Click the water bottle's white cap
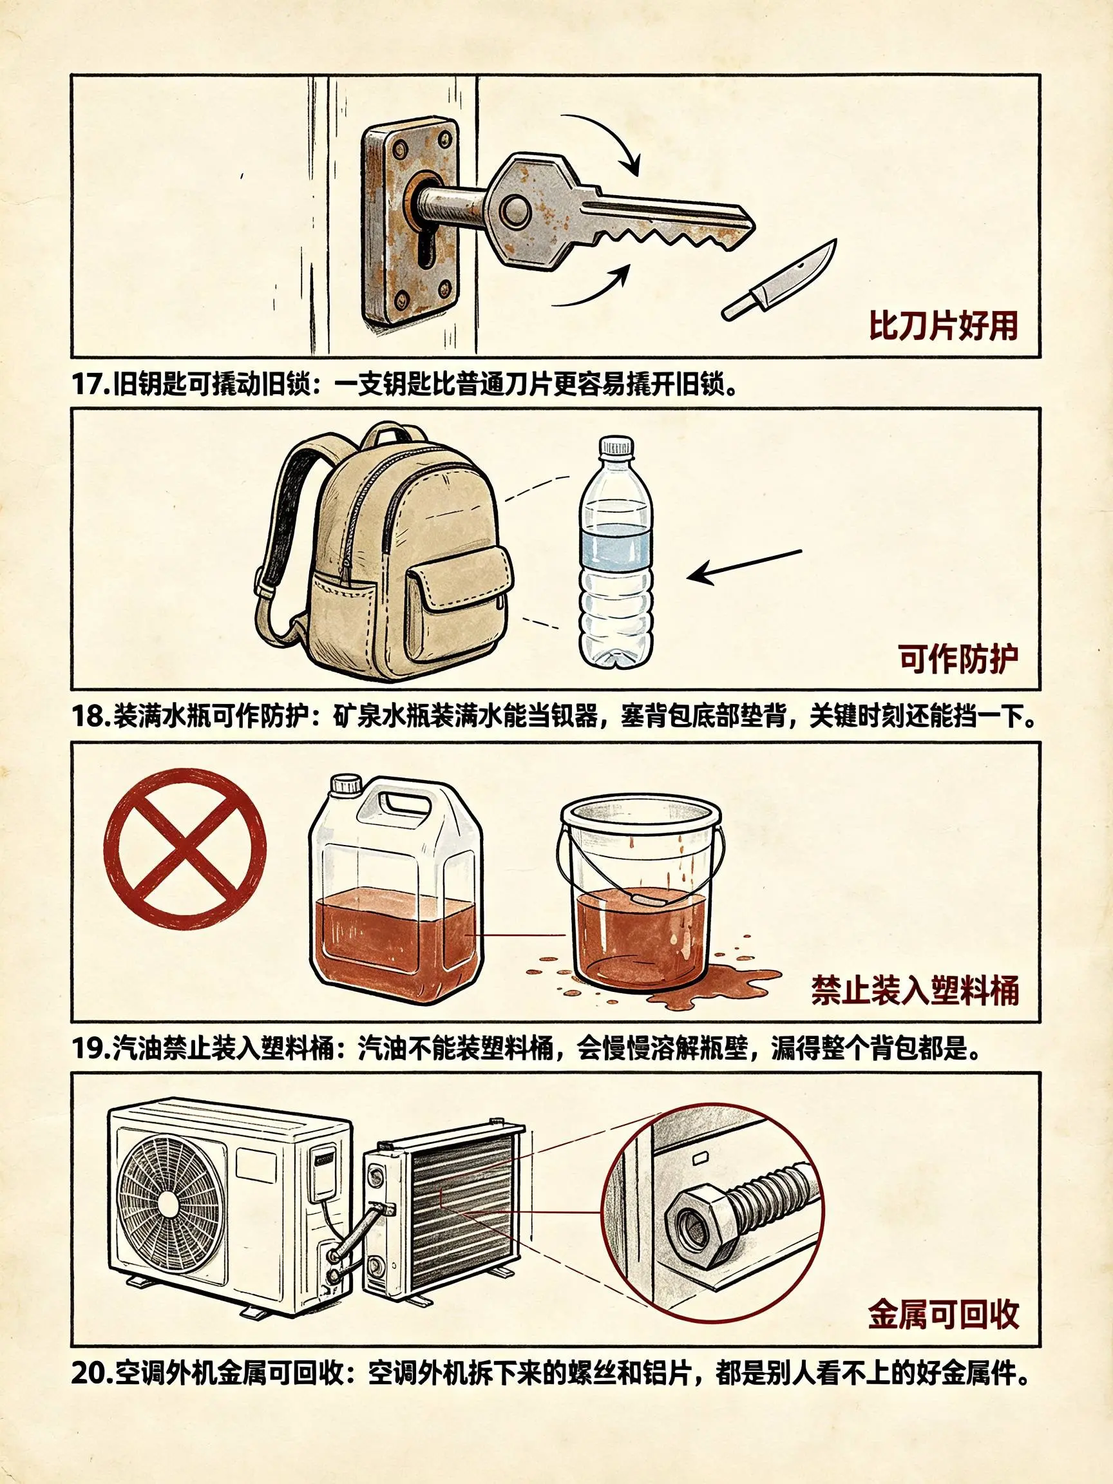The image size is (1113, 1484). [x=616, y=448]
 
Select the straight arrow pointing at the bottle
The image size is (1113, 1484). [x=745, y=565]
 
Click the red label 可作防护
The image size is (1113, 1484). [x=958, y=659]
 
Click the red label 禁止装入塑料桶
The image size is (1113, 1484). [x=915, y=989]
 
